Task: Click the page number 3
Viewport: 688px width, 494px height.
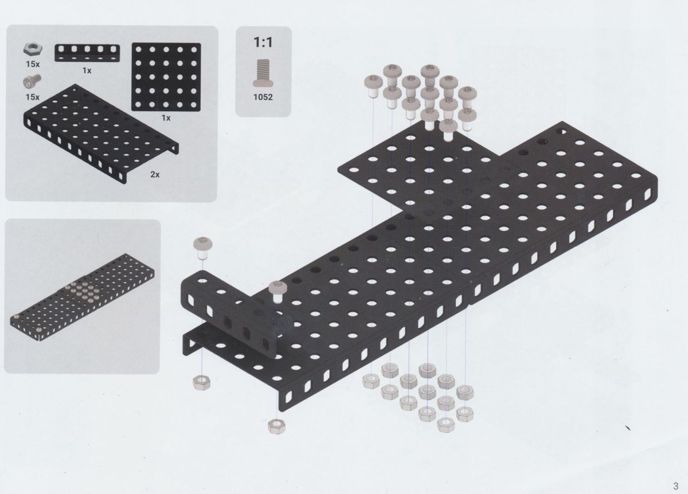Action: pyautogui.click(x=675, y=486)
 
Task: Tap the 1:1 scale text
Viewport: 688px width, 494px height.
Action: pyautogui.click(x=263, y=42)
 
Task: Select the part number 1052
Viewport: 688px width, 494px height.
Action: pyautogui.click(x=263, y=97)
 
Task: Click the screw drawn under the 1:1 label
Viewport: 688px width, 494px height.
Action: pyautogui.click(x=263, y=73)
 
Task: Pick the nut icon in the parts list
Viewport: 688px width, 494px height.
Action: pyautogui.click(x=33, y=50)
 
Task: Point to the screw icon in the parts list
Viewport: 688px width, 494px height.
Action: pyautogui.click(x=32, y=81)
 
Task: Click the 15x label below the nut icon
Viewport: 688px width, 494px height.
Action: pyautogui.click(x=33, y=64)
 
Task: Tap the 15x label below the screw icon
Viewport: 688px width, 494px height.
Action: pyautogui.click(x=33, y=97)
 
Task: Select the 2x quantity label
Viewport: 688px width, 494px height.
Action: pyautogui.click(x=155, y=174)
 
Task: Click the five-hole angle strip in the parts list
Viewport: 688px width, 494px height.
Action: pyautogui.click(x=87, y=53)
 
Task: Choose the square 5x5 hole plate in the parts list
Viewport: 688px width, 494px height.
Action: pyautogui.click(x=166, y=77)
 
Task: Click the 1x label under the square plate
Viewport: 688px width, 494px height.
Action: pyautogui.click(x=166, y=118)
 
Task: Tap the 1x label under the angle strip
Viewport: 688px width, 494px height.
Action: pyautogui.click(x=87, y=70)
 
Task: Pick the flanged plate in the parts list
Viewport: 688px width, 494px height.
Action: pyautogui.click(x=101, y=134)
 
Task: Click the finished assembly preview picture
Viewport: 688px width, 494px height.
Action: pyautogui.click(x=83, y=297)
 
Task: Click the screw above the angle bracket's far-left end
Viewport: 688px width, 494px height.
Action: pyautogui.click(x=203, y=248)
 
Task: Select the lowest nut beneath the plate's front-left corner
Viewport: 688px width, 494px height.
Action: pyautogui.click(x=277, y=426)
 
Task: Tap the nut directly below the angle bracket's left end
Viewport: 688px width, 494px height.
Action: pyautogui.click(x=201, y=383)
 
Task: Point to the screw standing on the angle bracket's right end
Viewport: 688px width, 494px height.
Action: pyautogui.click(x=278, y=292)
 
